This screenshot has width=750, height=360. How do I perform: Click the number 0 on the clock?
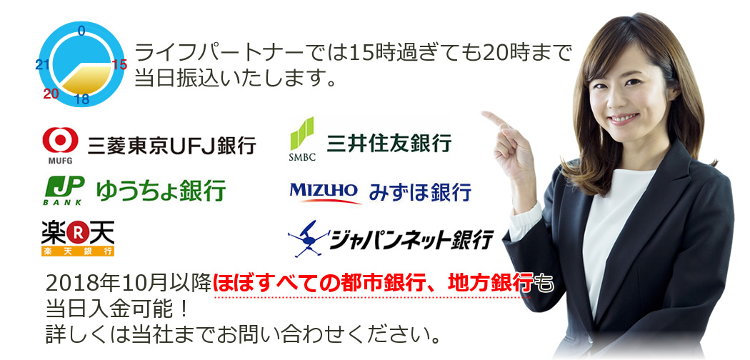click(81, 30)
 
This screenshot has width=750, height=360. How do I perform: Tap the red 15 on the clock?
click(119, 64)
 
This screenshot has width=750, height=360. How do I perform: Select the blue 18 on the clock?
click(82, 99)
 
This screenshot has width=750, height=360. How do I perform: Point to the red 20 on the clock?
click(50, 94)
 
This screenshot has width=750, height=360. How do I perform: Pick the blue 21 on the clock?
click(42, 65)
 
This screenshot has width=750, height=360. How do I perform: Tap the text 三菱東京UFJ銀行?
click(171, 146)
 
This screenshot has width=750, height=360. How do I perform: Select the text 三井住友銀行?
click(389, 142)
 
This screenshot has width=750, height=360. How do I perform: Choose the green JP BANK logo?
click(64, 189)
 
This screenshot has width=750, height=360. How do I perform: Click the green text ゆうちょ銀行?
click(161, 190)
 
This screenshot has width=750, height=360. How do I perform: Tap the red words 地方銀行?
click(490, 284)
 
